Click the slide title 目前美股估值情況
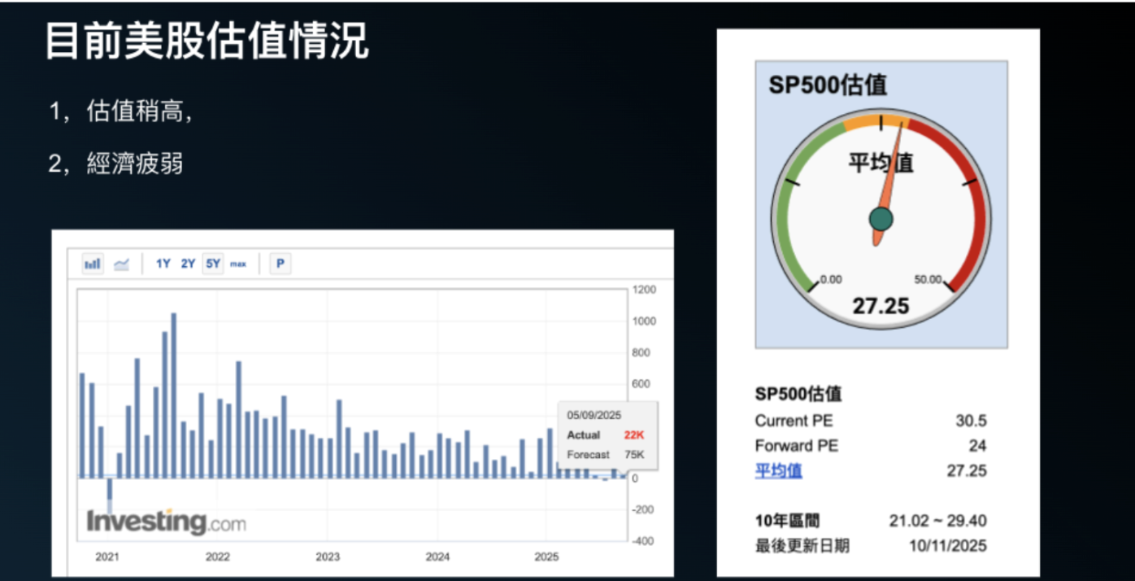tap(206, 41)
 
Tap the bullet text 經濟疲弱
tap(134, 163)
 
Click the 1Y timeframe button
tap(163, 264)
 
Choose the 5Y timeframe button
tap(213, 264)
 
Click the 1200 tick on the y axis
tap(644, 290)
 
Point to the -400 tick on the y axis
tap(643, 541)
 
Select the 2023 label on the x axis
tap(328, 557)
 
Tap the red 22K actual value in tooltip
tap(634, 435)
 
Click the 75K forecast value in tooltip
tap(634, 455)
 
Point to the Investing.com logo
tap(166, 522)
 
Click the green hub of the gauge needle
tap(881, 219)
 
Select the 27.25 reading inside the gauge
tap(881, 307)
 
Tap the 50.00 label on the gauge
tap(928, 280)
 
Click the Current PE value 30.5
tap(971, 421)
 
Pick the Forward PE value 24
tap(977, 446)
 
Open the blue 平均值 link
tap(778, 471)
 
